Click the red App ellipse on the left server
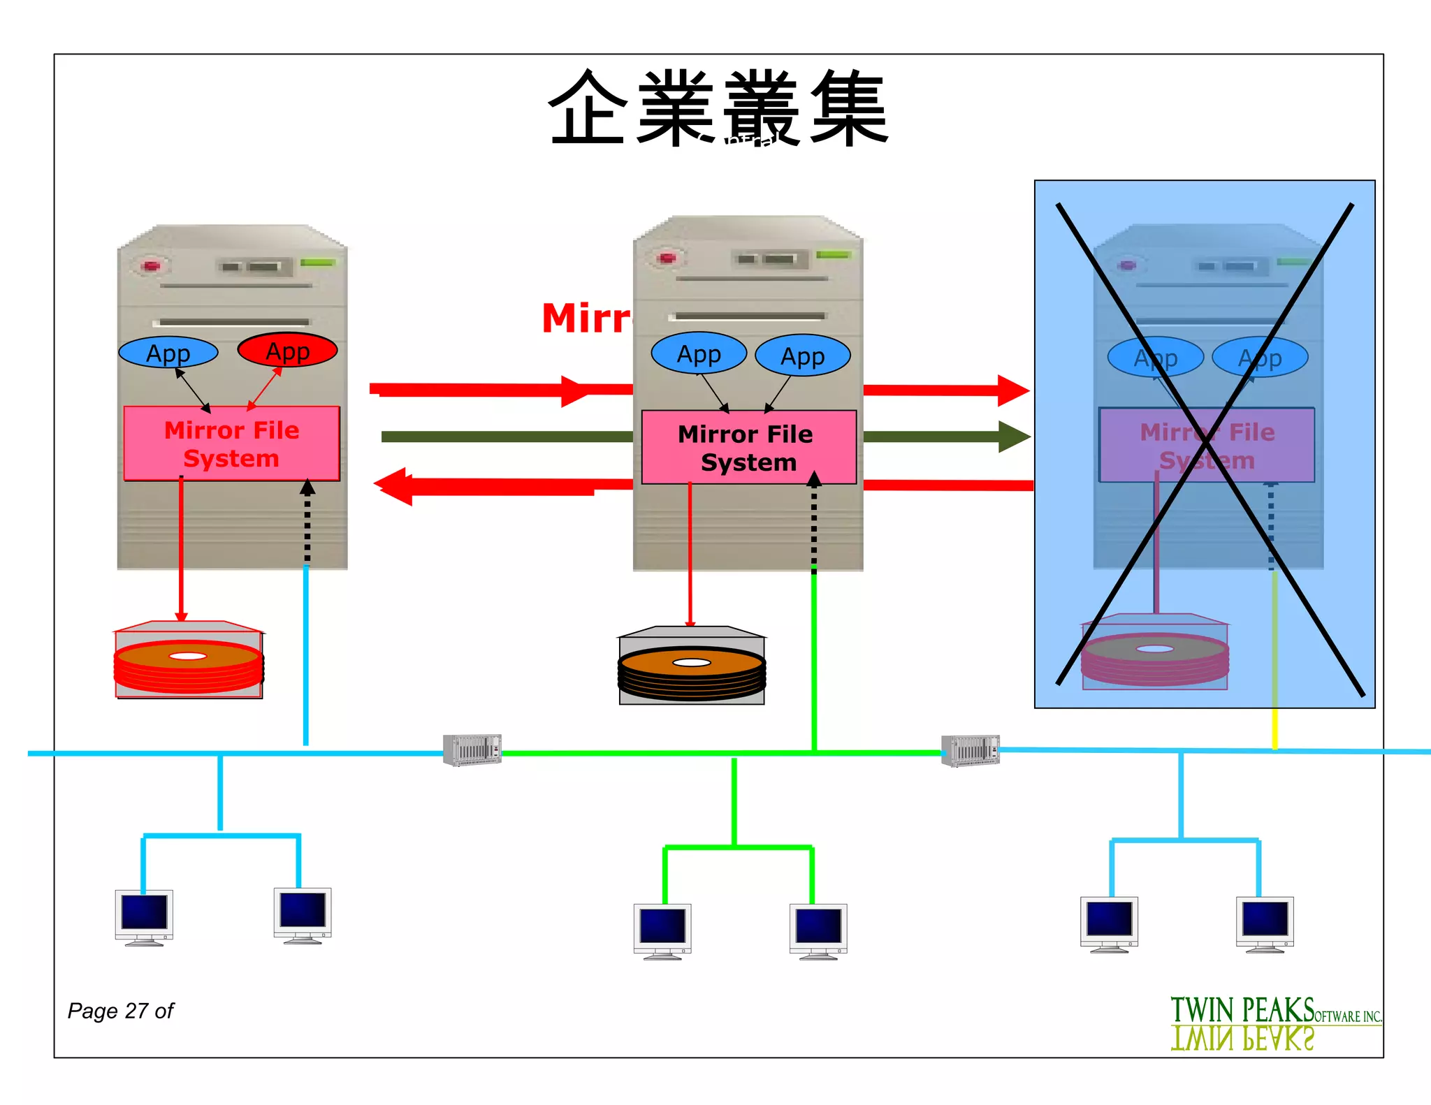point(287,351)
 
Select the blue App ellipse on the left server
point(168,353)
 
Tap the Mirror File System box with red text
point(231,444)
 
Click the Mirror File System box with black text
point(748,447)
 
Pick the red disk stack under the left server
point(188,661)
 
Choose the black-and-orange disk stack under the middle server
point(691,667)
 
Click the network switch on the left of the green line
point(472,750)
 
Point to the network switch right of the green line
point(970,751)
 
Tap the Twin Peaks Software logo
point(1274,1023)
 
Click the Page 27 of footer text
point(120,1011)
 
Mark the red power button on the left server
point(151,266)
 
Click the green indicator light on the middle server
point(833,255)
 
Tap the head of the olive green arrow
point(1015,437)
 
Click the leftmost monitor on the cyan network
point(144,916)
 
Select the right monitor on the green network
point(818,930)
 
